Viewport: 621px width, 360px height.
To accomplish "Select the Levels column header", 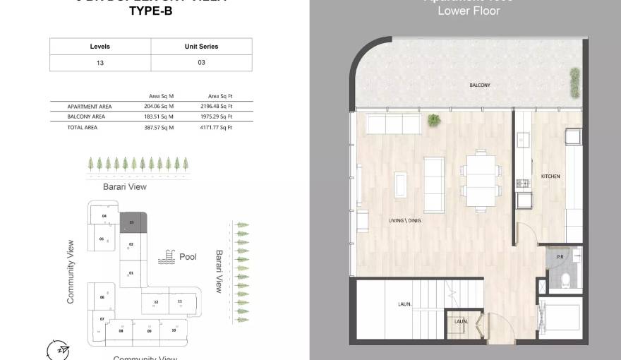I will point(100,47).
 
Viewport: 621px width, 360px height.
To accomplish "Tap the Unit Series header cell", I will point(201,47).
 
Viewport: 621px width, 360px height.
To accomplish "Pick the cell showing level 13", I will point(100,63).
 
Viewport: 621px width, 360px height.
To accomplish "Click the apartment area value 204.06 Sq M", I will point(159,106).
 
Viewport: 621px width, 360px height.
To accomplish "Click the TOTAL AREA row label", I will point(83,127).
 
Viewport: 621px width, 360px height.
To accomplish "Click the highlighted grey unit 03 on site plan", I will point(133,222).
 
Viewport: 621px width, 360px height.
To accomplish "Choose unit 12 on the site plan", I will point(155,302).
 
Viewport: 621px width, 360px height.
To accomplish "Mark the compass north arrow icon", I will point(60,350).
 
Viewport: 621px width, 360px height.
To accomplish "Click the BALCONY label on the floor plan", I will point(480,85).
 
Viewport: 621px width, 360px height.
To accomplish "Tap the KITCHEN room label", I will point(550,176).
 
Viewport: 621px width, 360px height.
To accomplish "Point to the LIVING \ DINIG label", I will point(406,221).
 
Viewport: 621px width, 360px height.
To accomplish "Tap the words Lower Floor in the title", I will point(469,11).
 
